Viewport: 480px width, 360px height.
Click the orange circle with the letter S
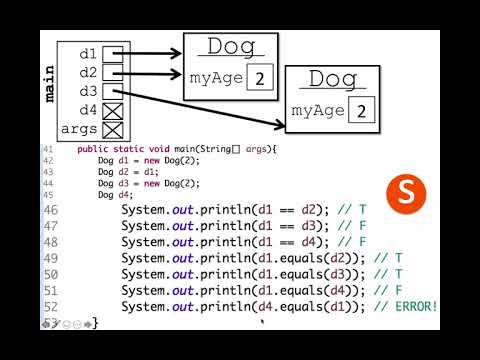407,193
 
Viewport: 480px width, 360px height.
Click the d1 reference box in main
113,54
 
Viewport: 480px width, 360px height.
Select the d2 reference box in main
113,73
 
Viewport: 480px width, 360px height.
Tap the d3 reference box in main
113,92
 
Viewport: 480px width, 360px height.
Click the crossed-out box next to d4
113,111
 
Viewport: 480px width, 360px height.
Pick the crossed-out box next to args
113,130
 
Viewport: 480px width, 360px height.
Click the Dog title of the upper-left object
229,47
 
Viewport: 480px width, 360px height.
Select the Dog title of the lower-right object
333,79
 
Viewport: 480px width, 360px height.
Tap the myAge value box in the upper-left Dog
259,77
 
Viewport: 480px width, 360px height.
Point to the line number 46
50,210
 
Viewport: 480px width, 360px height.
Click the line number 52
50,305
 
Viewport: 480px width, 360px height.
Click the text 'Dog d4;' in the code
118,195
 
